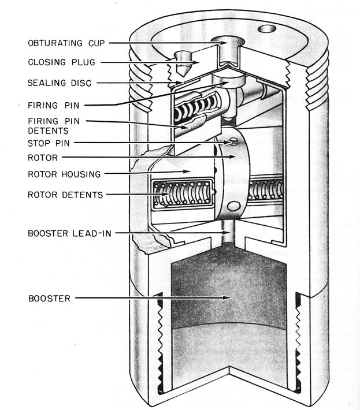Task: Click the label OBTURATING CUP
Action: [64, 43]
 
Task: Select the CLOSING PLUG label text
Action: [60, 62]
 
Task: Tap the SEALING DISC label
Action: [60, 83]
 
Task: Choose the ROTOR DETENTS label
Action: [65, 195]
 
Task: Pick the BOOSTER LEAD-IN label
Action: [69, 233]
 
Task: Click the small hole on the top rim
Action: [267, 28]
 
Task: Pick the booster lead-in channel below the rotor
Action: [233, 234]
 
